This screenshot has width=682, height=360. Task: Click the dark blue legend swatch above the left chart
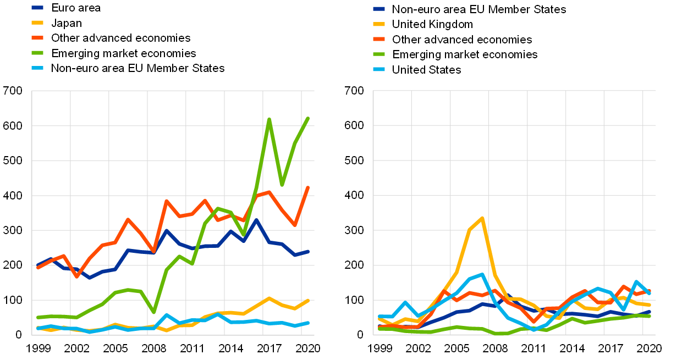[x=37, y=8]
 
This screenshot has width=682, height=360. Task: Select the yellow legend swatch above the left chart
[x=37, y=23]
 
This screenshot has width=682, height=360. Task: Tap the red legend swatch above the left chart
[x=37, y=37]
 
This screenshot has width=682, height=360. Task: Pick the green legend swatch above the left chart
[x=37, y=53]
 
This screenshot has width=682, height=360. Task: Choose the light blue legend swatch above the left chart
[x=37, y=68]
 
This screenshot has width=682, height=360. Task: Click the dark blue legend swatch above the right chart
[x=379, y=9]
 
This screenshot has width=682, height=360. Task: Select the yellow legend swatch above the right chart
[x=379, y=24]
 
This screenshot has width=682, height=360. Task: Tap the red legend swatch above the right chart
[x=379, y=39]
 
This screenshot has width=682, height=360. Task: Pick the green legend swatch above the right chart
[x=379, y=54]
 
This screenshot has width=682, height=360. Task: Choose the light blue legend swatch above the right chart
[x=379, y=69]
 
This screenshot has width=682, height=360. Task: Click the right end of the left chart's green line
[x=308, y=118]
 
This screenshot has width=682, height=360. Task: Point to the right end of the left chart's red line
[x=308, y=187]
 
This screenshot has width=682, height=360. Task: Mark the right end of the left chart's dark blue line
[x=308, y=251]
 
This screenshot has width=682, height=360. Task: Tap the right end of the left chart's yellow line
[x=308, y=300]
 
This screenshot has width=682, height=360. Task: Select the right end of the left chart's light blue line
[x=308, y=323]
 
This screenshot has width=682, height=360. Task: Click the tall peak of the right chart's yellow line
[x=482, y=218]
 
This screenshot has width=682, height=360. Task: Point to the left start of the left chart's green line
[x=37, y=317]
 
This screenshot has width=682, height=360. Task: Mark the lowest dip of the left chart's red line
[x=76, y=276]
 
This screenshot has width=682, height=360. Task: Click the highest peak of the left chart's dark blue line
[x=256, y=220]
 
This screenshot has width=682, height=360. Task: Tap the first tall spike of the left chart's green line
[x=269, y=119]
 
